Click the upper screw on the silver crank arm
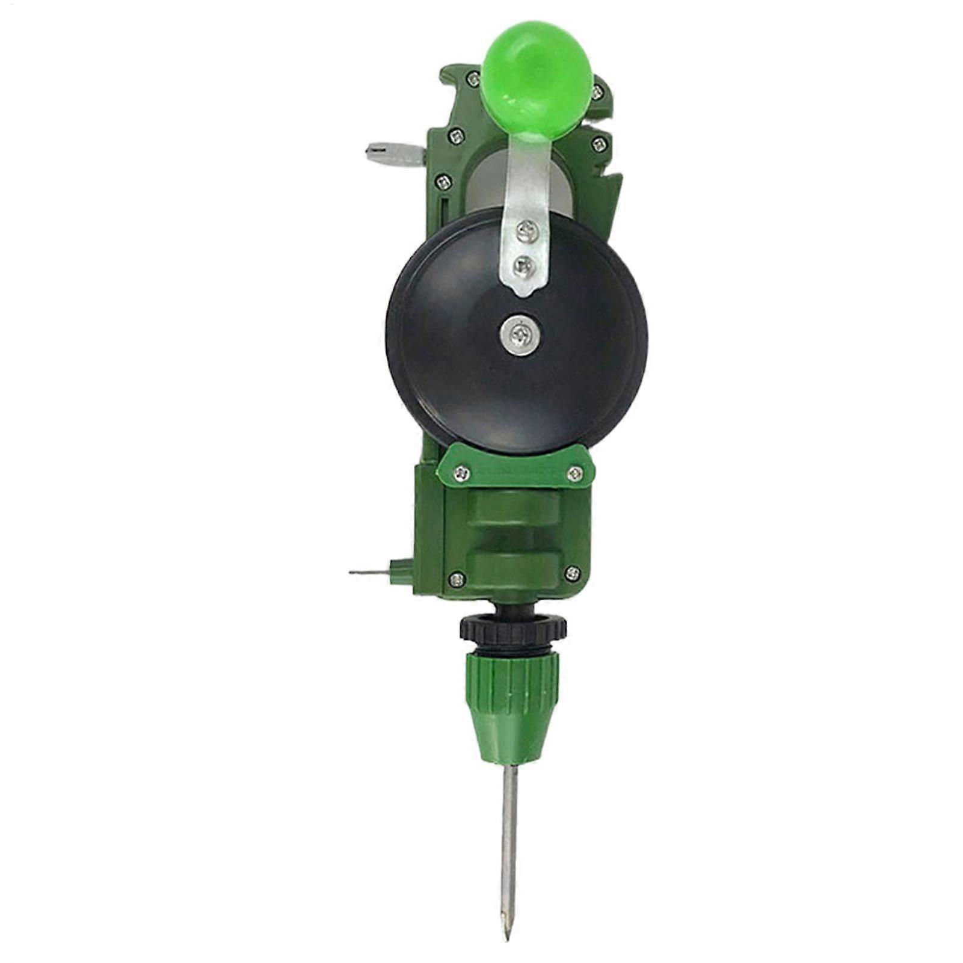524,229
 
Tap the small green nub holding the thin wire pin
396,570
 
